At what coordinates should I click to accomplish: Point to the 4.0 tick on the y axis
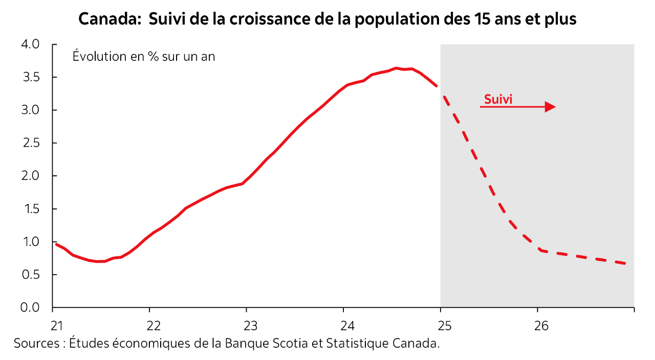30,44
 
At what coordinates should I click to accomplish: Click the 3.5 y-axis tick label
30,77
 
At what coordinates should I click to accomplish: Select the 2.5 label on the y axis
30,143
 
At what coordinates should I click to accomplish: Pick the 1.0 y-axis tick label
30,242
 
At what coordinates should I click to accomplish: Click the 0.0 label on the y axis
30,308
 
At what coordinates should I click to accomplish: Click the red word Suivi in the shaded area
498,99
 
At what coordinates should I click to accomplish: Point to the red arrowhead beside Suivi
550,107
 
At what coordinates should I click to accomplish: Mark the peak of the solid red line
396,67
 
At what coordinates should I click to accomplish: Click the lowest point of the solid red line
99,261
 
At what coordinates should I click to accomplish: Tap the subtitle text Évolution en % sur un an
143,56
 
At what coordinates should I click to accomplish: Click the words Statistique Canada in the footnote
389,343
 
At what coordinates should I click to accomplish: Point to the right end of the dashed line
626,263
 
